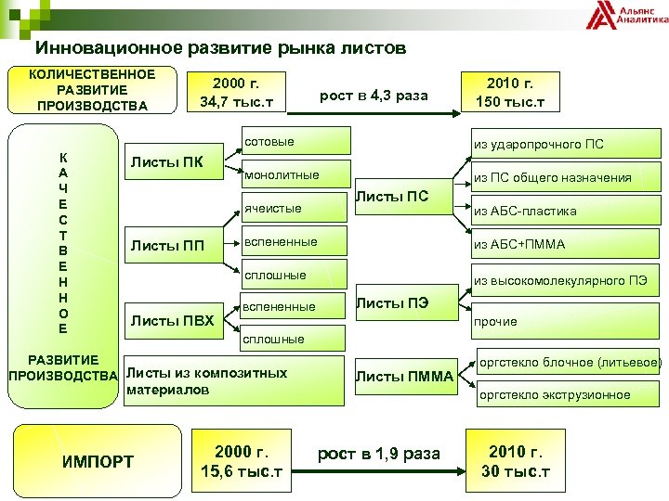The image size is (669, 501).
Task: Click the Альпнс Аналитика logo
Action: click(x=626, y=16)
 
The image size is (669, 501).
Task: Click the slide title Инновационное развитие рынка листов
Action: click(x=221, y=48)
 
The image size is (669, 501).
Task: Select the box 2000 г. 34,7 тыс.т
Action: click(x=235, y=92)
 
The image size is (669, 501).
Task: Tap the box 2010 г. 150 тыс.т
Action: click(x=509, y=92)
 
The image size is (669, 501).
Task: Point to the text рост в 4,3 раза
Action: click(x=374, y=96)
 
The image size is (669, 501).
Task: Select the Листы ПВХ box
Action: click(x=173, y=321)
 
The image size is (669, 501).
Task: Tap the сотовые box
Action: click(x=295, y=142)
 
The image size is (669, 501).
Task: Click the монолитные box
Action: click(x=295, y=174)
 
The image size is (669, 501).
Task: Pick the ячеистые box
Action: click(x=295, y=208)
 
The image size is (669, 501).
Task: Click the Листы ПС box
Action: click(x=405, y=196)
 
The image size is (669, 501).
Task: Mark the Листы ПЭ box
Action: click(x=405, y=302)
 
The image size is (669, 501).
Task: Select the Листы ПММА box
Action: click(x=405, y=376)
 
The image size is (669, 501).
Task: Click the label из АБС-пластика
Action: click(x=525, y=211)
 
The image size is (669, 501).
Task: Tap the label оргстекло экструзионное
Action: click(x=554, y=394)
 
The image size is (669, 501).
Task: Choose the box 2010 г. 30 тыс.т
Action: click(x=516, y=461)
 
